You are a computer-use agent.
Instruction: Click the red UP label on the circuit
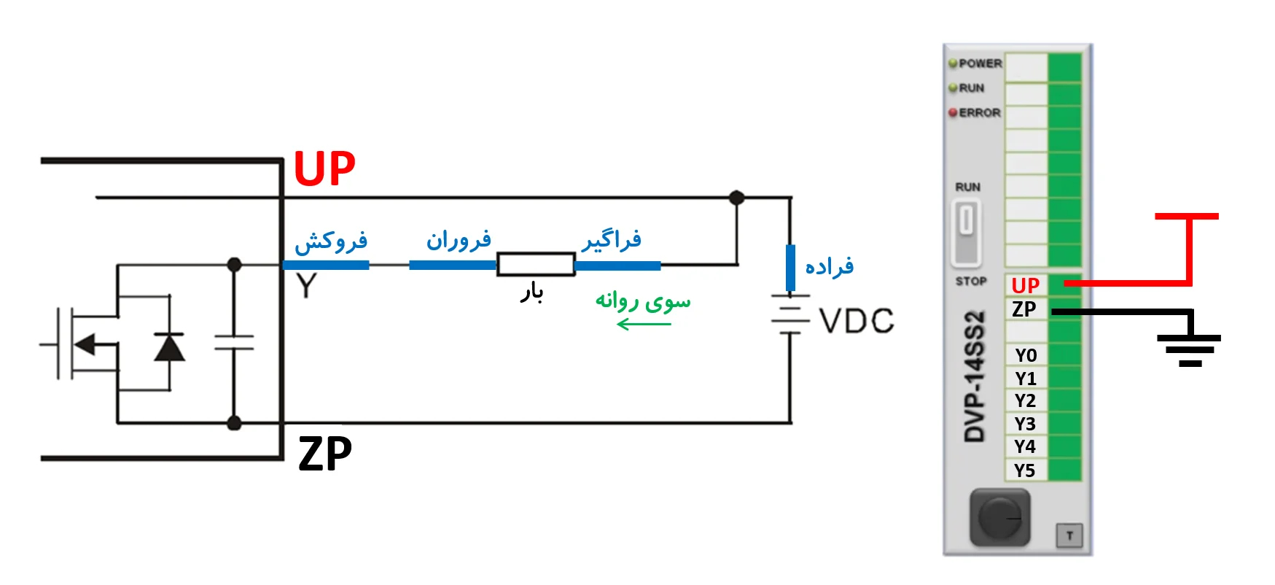(x=324, y=169)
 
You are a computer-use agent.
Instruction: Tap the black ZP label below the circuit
(x=325, y=454)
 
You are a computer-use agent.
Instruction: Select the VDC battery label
(x=857, y=321)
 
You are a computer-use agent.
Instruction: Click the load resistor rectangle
(x=536, y=264)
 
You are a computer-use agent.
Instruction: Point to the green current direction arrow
(x=643, y=324)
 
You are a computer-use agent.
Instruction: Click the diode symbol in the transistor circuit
(x=169, y=347)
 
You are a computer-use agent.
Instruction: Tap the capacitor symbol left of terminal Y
(x=234, y=343)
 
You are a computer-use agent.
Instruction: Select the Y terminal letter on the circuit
(x=307, y=286)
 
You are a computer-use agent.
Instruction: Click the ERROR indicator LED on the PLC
(x=953, y=113)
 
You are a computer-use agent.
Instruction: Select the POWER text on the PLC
(x=980, y=63)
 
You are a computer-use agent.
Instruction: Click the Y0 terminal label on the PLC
(x=1026, y=355)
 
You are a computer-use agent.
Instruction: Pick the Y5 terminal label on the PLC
(x=1025, y=470)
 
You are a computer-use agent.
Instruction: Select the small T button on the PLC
(x=1069, y=536)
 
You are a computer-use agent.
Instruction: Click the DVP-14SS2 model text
(x=975, y=376)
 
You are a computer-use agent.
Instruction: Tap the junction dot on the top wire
(x=737, y=198)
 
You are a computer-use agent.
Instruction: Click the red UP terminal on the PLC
(x=1026, y=285)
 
